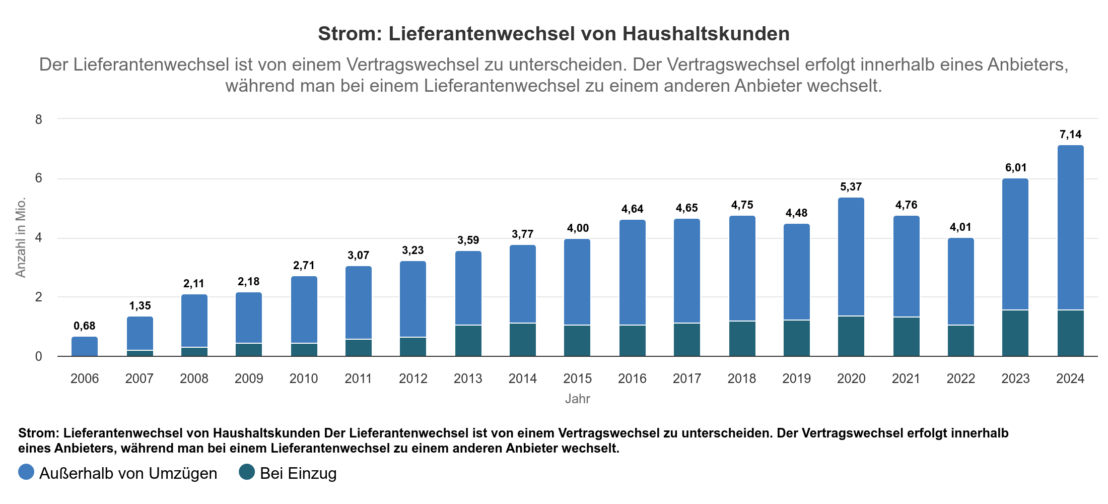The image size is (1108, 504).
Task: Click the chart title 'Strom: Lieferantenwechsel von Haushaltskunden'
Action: (x=553, y=34)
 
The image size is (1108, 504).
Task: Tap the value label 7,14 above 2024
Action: (x=1070, y=135)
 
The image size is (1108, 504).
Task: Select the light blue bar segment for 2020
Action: (x=851, y=257)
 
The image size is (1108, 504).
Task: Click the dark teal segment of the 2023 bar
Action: (x=1015, y=333)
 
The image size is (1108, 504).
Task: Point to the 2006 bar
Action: (x=85, y=347)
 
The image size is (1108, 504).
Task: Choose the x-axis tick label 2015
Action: (x=577, y=379)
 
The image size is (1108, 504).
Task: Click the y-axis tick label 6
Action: (x=39, y=178)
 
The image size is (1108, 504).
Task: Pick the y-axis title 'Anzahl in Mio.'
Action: (x=21, y=237)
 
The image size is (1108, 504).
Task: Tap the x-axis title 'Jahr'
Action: (x=577, y=399)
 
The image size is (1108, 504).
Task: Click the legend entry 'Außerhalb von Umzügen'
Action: (x=128, y=473)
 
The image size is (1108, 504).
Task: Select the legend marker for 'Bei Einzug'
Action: (x=247, y=472)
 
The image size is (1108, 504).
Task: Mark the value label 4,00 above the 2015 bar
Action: (x=578, y=228)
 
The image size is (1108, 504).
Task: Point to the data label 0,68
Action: (x=85, y=326)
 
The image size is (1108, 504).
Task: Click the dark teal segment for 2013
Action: (x=468, y=341)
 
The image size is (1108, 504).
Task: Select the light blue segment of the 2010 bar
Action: (x=304, y=310)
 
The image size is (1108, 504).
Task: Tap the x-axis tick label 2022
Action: (x=960, y=379)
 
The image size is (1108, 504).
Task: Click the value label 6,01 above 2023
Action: (x=1016, y=168)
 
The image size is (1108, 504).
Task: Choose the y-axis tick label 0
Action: (x=39, y=356)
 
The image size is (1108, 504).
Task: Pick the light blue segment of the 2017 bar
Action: (x=687, y=271)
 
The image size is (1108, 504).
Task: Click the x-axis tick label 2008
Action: (x=194, y=379)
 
